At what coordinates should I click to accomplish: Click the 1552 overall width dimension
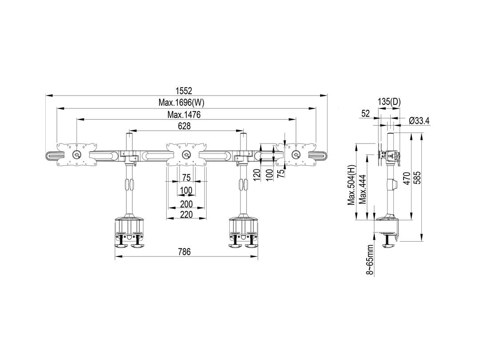coord(184,91)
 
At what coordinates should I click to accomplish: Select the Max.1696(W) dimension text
coord(181,103)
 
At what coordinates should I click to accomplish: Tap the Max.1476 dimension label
coord(184,115)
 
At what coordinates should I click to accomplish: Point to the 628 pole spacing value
coord(184,126)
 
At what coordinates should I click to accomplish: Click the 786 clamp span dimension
coord(184,252)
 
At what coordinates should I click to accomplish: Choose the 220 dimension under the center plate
coord(186,215)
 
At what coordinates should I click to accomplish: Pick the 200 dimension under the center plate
coord(186,204)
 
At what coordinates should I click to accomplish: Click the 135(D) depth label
coord(389,102)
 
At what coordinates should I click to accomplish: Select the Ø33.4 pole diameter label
coord(419,120)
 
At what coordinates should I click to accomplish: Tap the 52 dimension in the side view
coord(365,114)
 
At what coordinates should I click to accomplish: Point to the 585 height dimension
coord(417,178)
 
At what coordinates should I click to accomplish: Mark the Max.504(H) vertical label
coord(352,184)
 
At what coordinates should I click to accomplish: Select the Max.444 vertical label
coord(363,189)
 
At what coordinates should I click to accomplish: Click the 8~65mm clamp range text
coord(370,260)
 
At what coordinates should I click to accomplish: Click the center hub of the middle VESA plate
coord(186,155)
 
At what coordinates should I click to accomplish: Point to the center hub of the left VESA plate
coord(76,155)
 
